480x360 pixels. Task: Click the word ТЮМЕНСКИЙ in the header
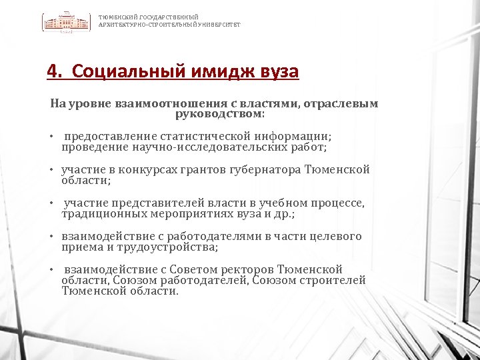pos(115,17)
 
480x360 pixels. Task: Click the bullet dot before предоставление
pos(51,137)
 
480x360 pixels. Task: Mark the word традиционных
pos(99,213)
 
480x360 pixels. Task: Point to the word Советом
pos(190,269)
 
